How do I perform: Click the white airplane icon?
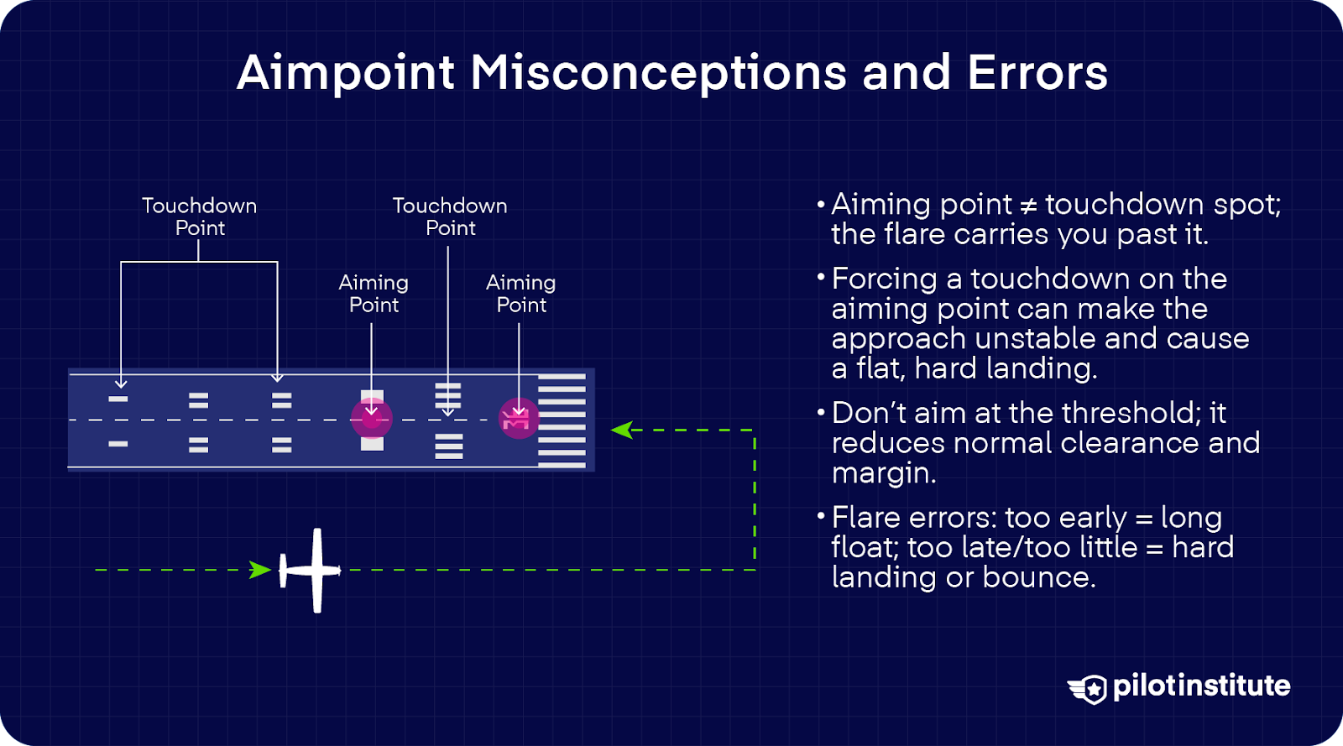[x=311, y=571]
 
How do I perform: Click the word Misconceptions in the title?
[x=658, y=73]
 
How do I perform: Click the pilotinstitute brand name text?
[x=1201, y=686]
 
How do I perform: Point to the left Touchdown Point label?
[x=200, y=216]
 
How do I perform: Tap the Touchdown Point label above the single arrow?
[x=450, y=216]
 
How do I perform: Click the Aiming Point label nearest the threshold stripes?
[x=521, y=294]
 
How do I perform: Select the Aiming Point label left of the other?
[x=374, y=294]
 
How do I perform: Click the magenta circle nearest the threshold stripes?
[x=519, y=418]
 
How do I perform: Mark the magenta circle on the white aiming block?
[x=372, y=418]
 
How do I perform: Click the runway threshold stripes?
[x=562, y=420]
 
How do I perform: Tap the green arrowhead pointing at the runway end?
[x=621, y=430]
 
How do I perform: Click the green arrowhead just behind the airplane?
[x=260, y=571]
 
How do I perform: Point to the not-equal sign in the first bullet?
[x=1028, y=206]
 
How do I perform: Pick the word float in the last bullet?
[x=865, y=547]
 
